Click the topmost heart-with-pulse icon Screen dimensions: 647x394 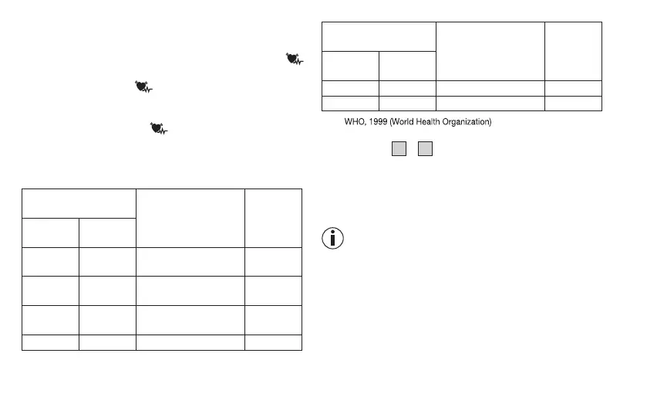[293, 58]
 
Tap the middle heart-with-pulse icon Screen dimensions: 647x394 [141, 87]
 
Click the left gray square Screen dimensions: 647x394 [399, 149]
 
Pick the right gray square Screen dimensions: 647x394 [425, 149]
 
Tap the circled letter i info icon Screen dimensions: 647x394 [332, 239]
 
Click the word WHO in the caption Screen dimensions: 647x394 [354, 122]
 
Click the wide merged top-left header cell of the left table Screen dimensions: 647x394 [79, 202]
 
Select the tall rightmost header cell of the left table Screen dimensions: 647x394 [273, 217]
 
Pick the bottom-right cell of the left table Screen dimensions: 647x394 [273, 342]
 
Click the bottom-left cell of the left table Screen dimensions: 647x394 [50, 342]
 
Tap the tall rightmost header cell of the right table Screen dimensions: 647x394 [573, 50]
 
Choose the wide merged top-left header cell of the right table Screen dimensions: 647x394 [378, 36]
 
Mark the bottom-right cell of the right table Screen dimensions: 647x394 [573, 103]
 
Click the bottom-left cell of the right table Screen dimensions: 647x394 [349, 103]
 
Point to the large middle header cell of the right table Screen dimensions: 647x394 [490, 50]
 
